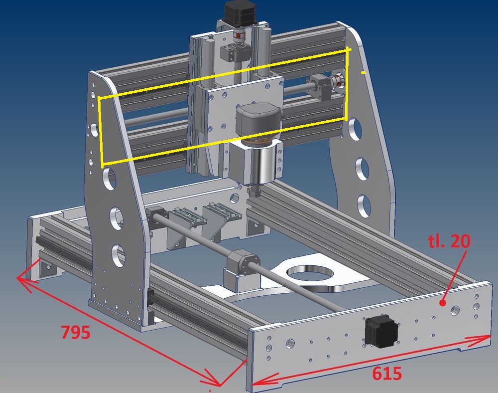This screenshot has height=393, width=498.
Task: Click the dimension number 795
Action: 76,332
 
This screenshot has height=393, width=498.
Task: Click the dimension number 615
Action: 387,374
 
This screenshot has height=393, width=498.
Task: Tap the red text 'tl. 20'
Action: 449,241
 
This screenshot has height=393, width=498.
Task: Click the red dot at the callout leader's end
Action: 442,303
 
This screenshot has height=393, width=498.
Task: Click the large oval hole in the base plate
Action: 310,273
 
